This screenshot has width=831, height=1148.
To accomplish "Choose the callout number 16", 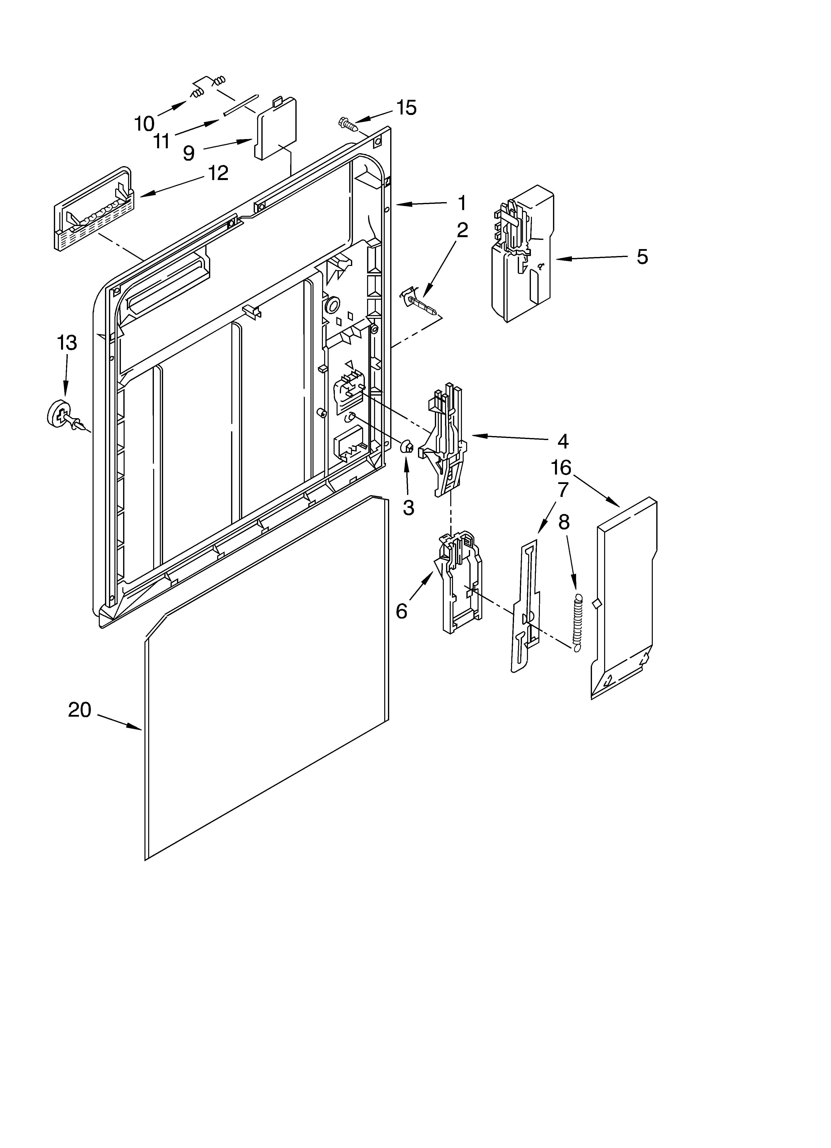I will pyautogui.click(x=561, y=468).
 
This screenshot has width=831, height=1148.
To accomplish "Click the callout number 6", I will pyautogui.click(x=401, y=611).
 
